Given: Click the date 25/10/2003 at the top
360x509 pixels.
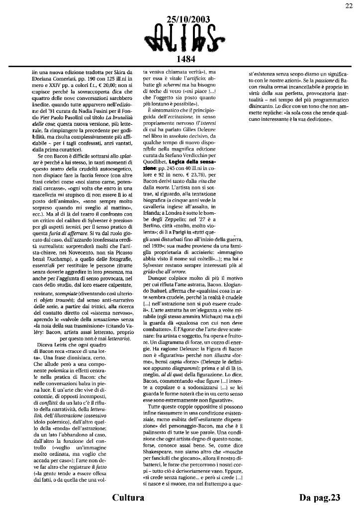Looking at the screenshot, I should (x=188, y=19).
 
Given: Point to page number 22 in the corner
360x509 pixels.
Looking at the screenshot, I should (x=349, y=5).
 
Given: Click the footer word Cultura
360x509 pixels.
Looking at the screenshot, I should (x=128, y=498).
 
